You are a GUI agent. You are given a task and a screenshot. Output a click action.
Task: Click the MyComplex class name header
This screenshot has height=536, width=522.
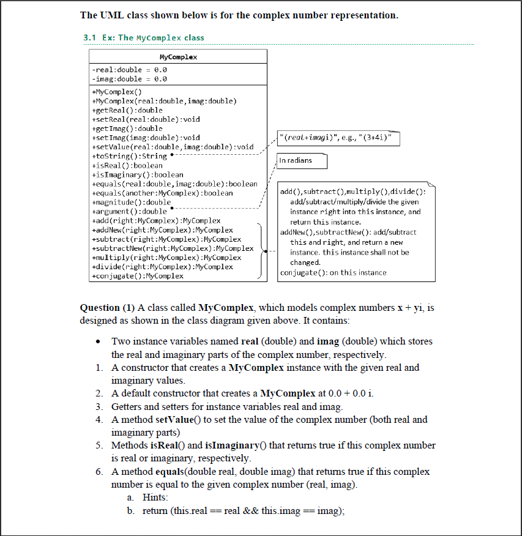tap(178, 57)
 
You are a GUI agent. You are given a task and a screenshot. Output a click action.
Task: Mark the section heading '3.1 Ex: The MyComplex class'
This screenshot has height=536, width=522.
tap(144, 38)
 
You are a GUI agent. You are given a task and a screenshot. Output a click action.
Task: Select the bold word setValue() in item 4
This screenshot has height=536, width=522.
tap(177, 420)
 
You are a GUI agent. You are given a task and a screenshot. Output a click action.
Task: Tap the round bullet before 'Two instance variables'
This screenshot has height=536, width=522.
tap(98, 341)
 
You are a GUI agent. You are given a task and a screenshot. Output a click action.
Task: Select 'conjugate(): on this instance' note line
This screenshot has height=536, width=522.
tap(333, 273)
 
